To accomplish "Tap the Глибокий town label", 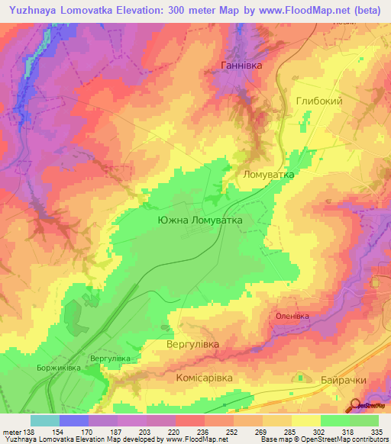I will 318,101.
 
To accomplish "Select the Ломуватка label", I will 268,174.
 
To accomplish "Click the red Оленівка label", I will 292,315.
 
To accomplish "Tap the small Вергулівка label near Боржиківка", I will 111,358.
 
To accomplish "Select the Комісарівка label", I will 208,377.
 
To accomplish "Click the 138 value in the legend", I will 30,432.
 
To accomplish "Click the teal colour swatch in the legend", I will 44,420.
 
